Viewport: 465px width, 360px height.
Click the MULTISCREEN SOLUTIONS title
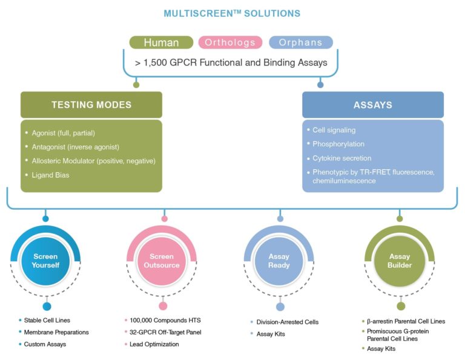232,13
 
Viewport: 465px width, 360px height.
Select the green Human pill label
161,42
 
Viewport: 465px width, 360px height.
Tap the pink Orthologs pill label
232,42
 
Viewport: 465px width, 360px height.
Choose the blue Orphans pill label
301,42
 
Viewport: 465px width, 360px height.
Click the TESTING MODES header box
91,105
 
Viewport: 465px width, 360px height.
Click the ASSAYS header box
372,105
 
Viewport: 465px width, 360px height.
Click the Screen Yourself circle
46,261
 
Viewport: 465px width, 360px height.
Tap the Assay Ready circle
279,261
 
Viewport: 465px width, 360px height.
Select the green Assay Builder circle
400,261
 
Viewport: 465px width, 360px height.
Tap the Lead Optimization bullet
156,344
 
